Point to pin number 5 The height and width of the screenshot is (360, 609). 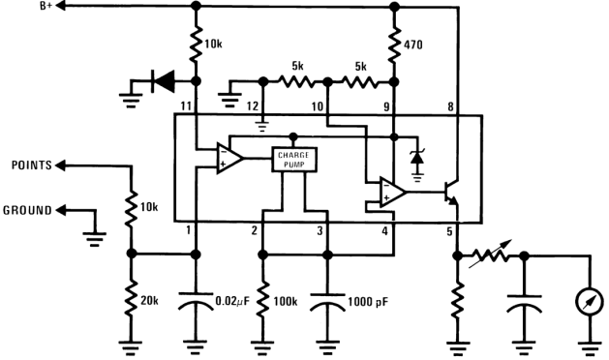coord(448,231)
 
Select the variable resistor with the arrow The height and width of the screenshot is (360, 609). coord(490,255)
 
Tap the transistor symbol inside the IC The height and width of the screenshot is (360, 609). coord(448,193)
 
